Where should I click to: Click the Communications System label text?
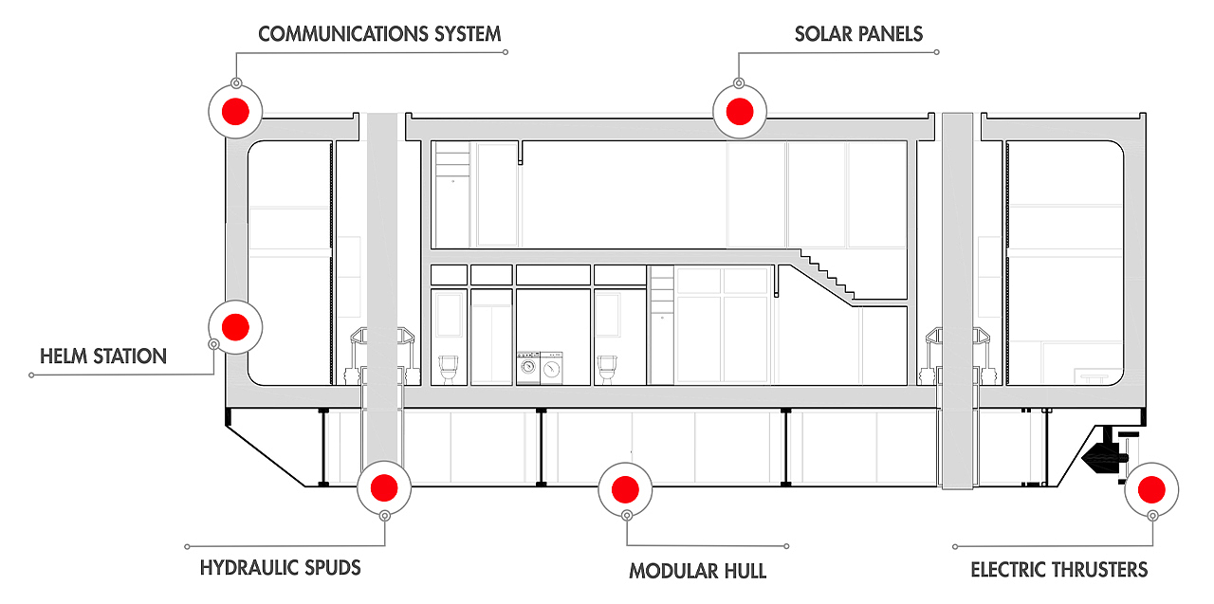379,35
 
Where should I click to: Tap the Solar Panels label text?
858,35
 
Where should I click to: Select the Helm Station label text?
103,357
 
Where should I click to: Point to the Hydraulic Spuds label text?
281,569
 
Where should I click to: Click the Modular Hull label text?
697,572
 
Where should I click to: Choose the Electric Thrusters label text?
1058,570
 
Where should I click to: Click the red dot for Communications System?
234,111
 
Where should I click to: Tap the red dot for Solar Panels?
739,111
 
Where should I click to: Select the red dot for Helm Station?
234,327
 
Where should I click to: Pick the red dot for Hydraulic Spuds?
383,488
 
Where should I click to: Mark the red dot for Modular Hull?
624,489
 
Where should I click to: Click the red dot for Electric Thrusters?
1151,489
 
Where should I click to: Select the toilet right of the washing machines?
607,367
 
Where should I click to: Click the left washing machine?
527,368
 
